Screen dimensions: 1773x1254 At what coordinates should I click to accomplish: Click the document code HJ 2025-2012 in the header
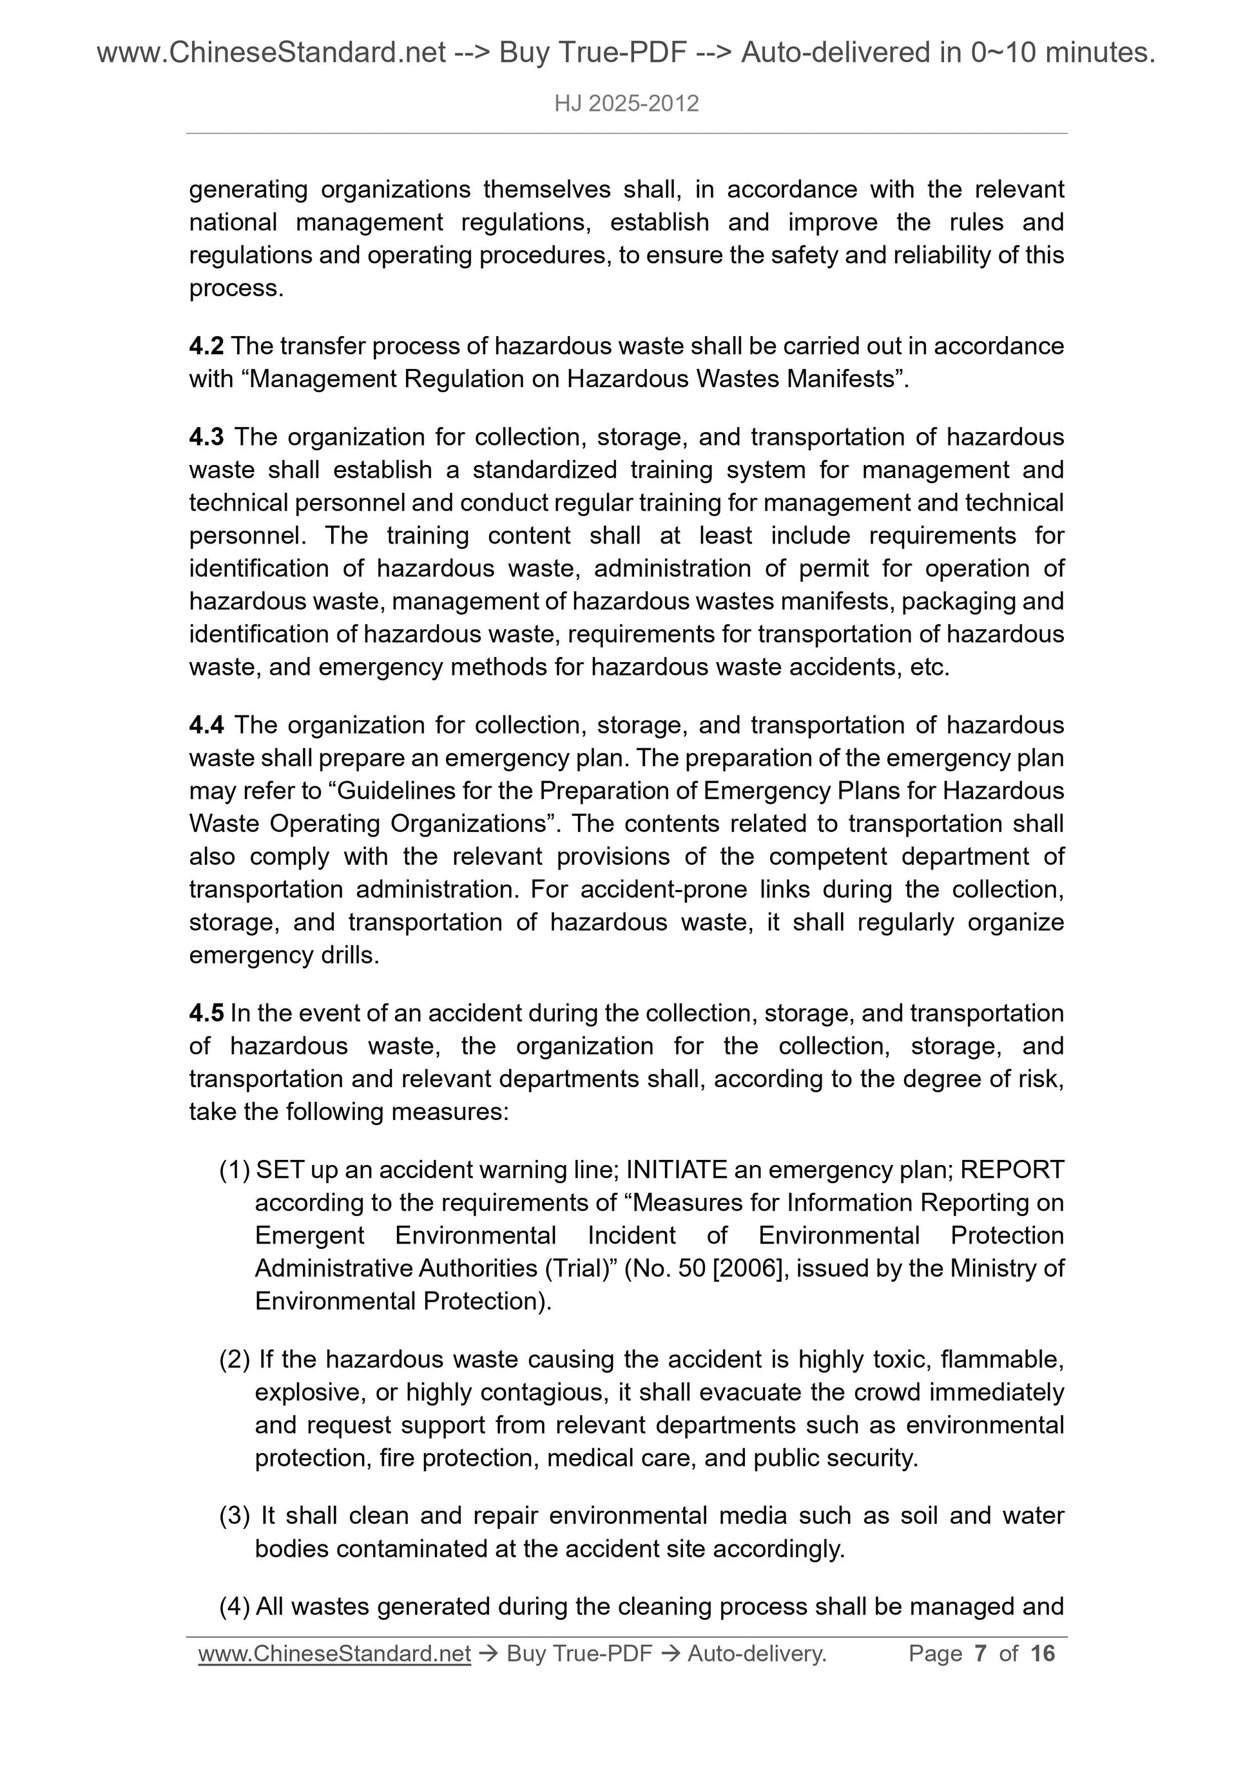(626, 104)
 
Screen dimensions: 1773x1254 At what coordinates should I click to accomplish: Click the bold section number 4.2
(206, 346)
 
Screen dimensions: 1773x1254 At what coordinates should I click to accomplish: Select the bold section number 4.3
(206, 437)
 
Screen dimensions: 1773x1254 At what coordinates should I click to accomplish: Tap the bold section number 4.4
(206, 725)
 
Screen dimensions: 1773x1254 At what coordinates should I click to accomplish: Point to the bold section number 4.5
(206, 1013)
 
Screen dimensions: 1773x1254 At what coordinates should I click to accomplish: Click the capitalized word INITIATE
(676, 1171)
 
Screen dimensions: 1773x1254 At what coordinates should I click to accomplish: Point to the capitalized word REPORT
(1012, 1171)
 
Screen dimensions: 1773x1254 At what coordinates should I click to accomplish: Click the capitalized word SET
(280, 1171)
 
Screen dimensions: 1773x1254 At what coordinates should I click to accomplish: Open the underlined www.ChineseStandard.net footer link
(334, 1653)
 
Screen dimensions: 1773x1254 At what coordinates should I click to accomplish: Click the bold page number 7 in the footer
(981, 1653)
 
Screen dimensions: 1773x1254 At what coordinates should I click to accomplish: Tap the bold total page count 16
(1042, 1653)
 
